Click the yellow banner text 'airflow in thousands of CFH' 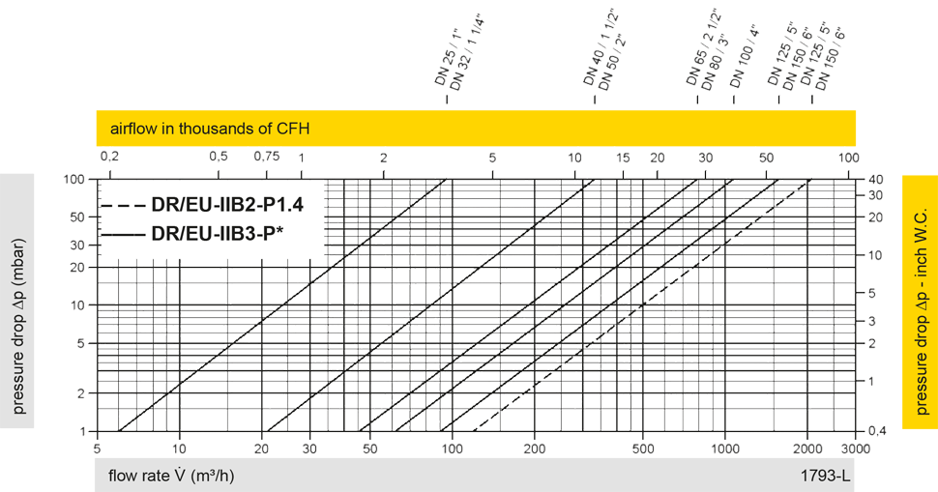click(x=210, y=129)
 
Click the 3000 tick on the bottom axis click(x=848, y=448)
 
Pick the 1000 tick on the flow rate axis click(x=725, y=448)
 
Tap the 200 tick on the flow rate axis click(x=535, y=448)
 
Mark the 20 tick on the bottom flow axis click(x=262, y=448)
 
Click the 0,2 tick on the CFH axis click(x=109, y=157)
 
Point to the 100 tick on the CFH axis click(x=848, y=157)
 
